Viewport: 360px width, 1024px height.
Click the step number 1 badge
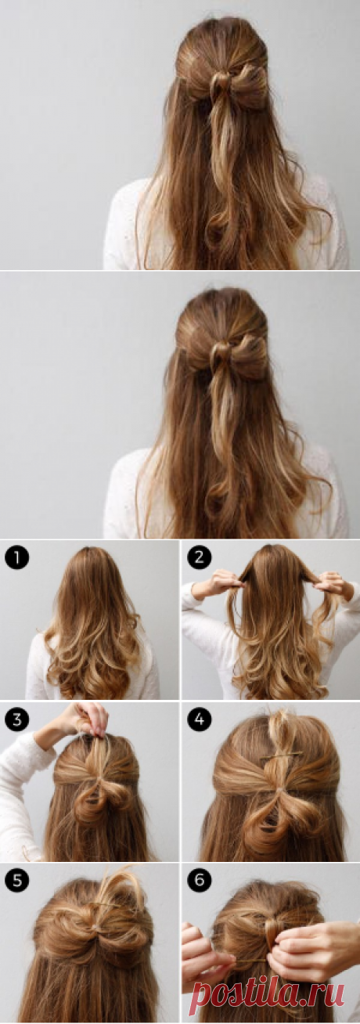coord(17,558)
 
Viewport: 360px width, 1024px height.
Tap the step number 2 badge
coord(200,558)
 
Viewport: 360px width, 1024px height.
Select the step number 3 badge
coord(17,720)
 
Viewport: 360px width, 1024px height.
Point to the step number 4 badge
coord(200,720)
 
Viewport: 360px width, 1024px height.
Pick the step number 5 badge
coord(17,880)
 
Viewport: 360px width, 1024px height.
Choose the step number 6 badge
coord(200,880)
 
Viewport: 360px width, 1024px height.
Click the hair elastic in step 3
coord(99,777)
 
